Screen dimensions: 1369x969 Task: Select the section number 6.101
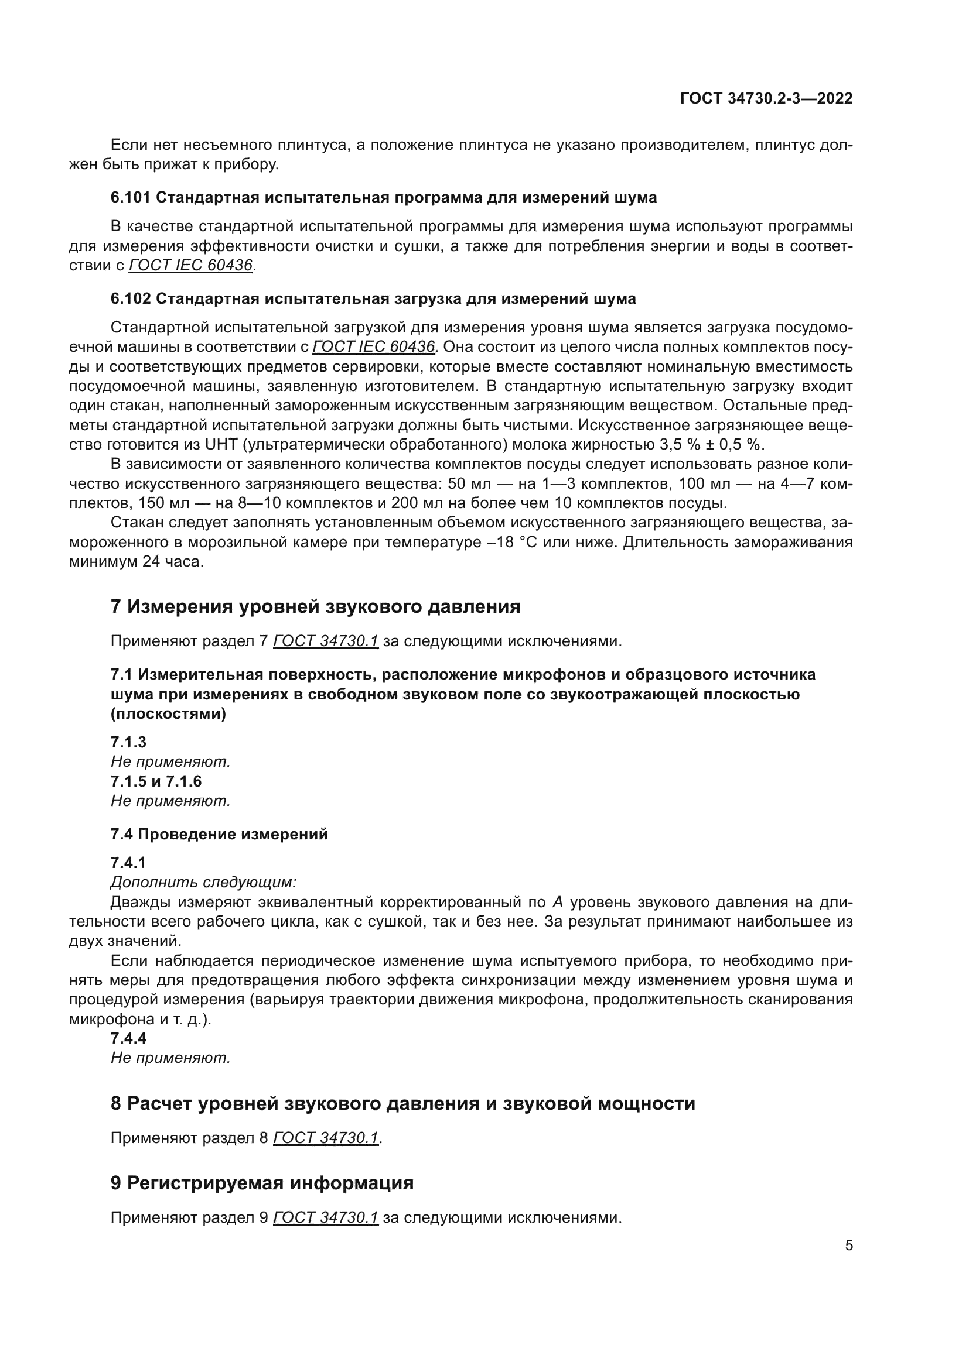[131, 197]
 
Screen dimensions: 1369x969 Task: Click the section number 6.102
[131, 298]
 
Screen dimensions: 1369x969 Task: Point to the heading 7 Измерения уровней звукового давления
[315, 606]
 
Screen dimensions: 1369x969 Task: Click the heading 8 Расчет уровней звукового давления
[402, 1103]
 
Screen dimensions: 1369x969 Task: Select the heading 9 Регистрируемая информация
[262, 1182]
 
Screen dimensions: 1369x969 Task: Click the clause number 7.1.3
[128, 742]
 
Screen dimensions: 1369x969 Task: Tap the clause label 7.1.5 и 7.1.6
[156, 781]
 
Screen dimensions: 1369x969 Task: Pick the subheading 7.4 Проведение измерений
[219, 834]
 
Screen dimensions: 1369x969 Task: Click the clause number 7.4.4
[128, 1038]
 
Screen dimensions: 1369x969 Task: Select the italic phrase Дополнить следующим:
[203, 882]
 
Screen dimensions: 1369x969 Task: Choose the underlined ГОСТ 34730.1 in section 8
[326, 1138]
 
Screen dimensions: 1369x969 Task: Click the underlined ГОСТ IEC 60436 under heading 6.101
[190, 265]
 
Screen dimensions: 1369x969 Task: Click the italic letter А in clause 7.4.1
[558, 902]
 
